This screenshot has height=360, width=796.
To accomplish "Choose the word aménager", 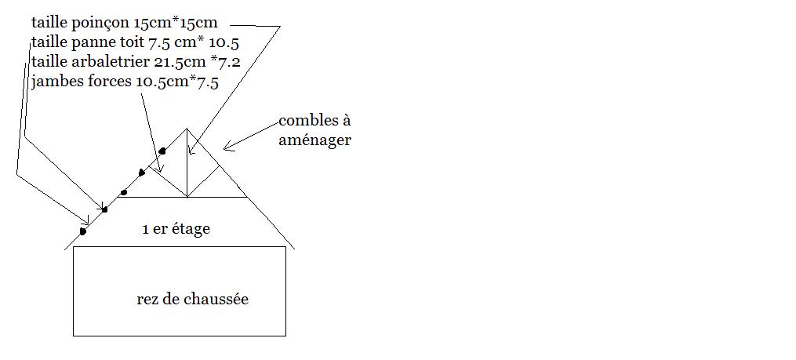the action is [315, 140].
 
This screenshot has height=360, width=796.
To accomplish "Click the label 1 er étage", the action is [176, 230].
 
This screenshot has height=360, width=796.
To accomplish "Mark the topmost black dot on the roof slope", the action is [162, 151].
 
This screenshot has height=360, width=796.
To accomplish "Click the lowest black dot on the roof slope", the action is [83, 231].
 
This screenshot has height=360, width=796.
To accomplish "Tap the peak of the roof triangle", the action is [187, 128].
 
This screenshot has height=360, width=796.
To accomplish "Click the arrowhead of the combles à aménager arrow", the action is [224, 147].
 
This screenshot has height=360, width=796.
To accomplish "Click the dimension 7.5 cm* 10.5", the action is [205, 42].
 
